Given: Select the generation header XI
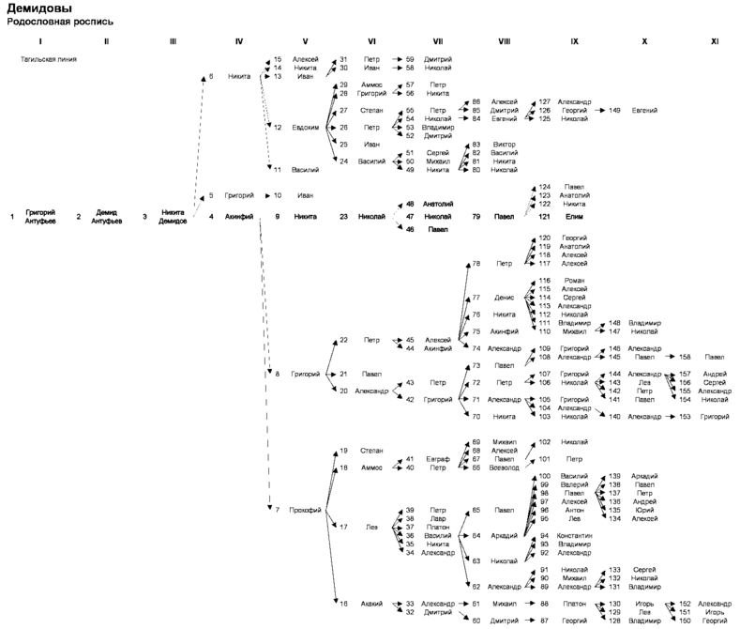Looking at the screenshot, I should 714,42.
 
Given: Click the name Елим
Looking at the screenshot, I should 573,217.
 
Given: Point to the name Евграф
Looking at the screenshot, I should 438,459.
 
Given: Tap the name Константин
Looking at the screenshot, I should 573,535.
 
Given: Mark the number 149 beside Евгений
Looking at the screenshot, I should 614,110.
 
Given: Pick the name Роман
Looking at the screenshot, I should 573,281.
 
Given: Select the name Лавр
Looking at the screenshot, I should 438,518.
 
